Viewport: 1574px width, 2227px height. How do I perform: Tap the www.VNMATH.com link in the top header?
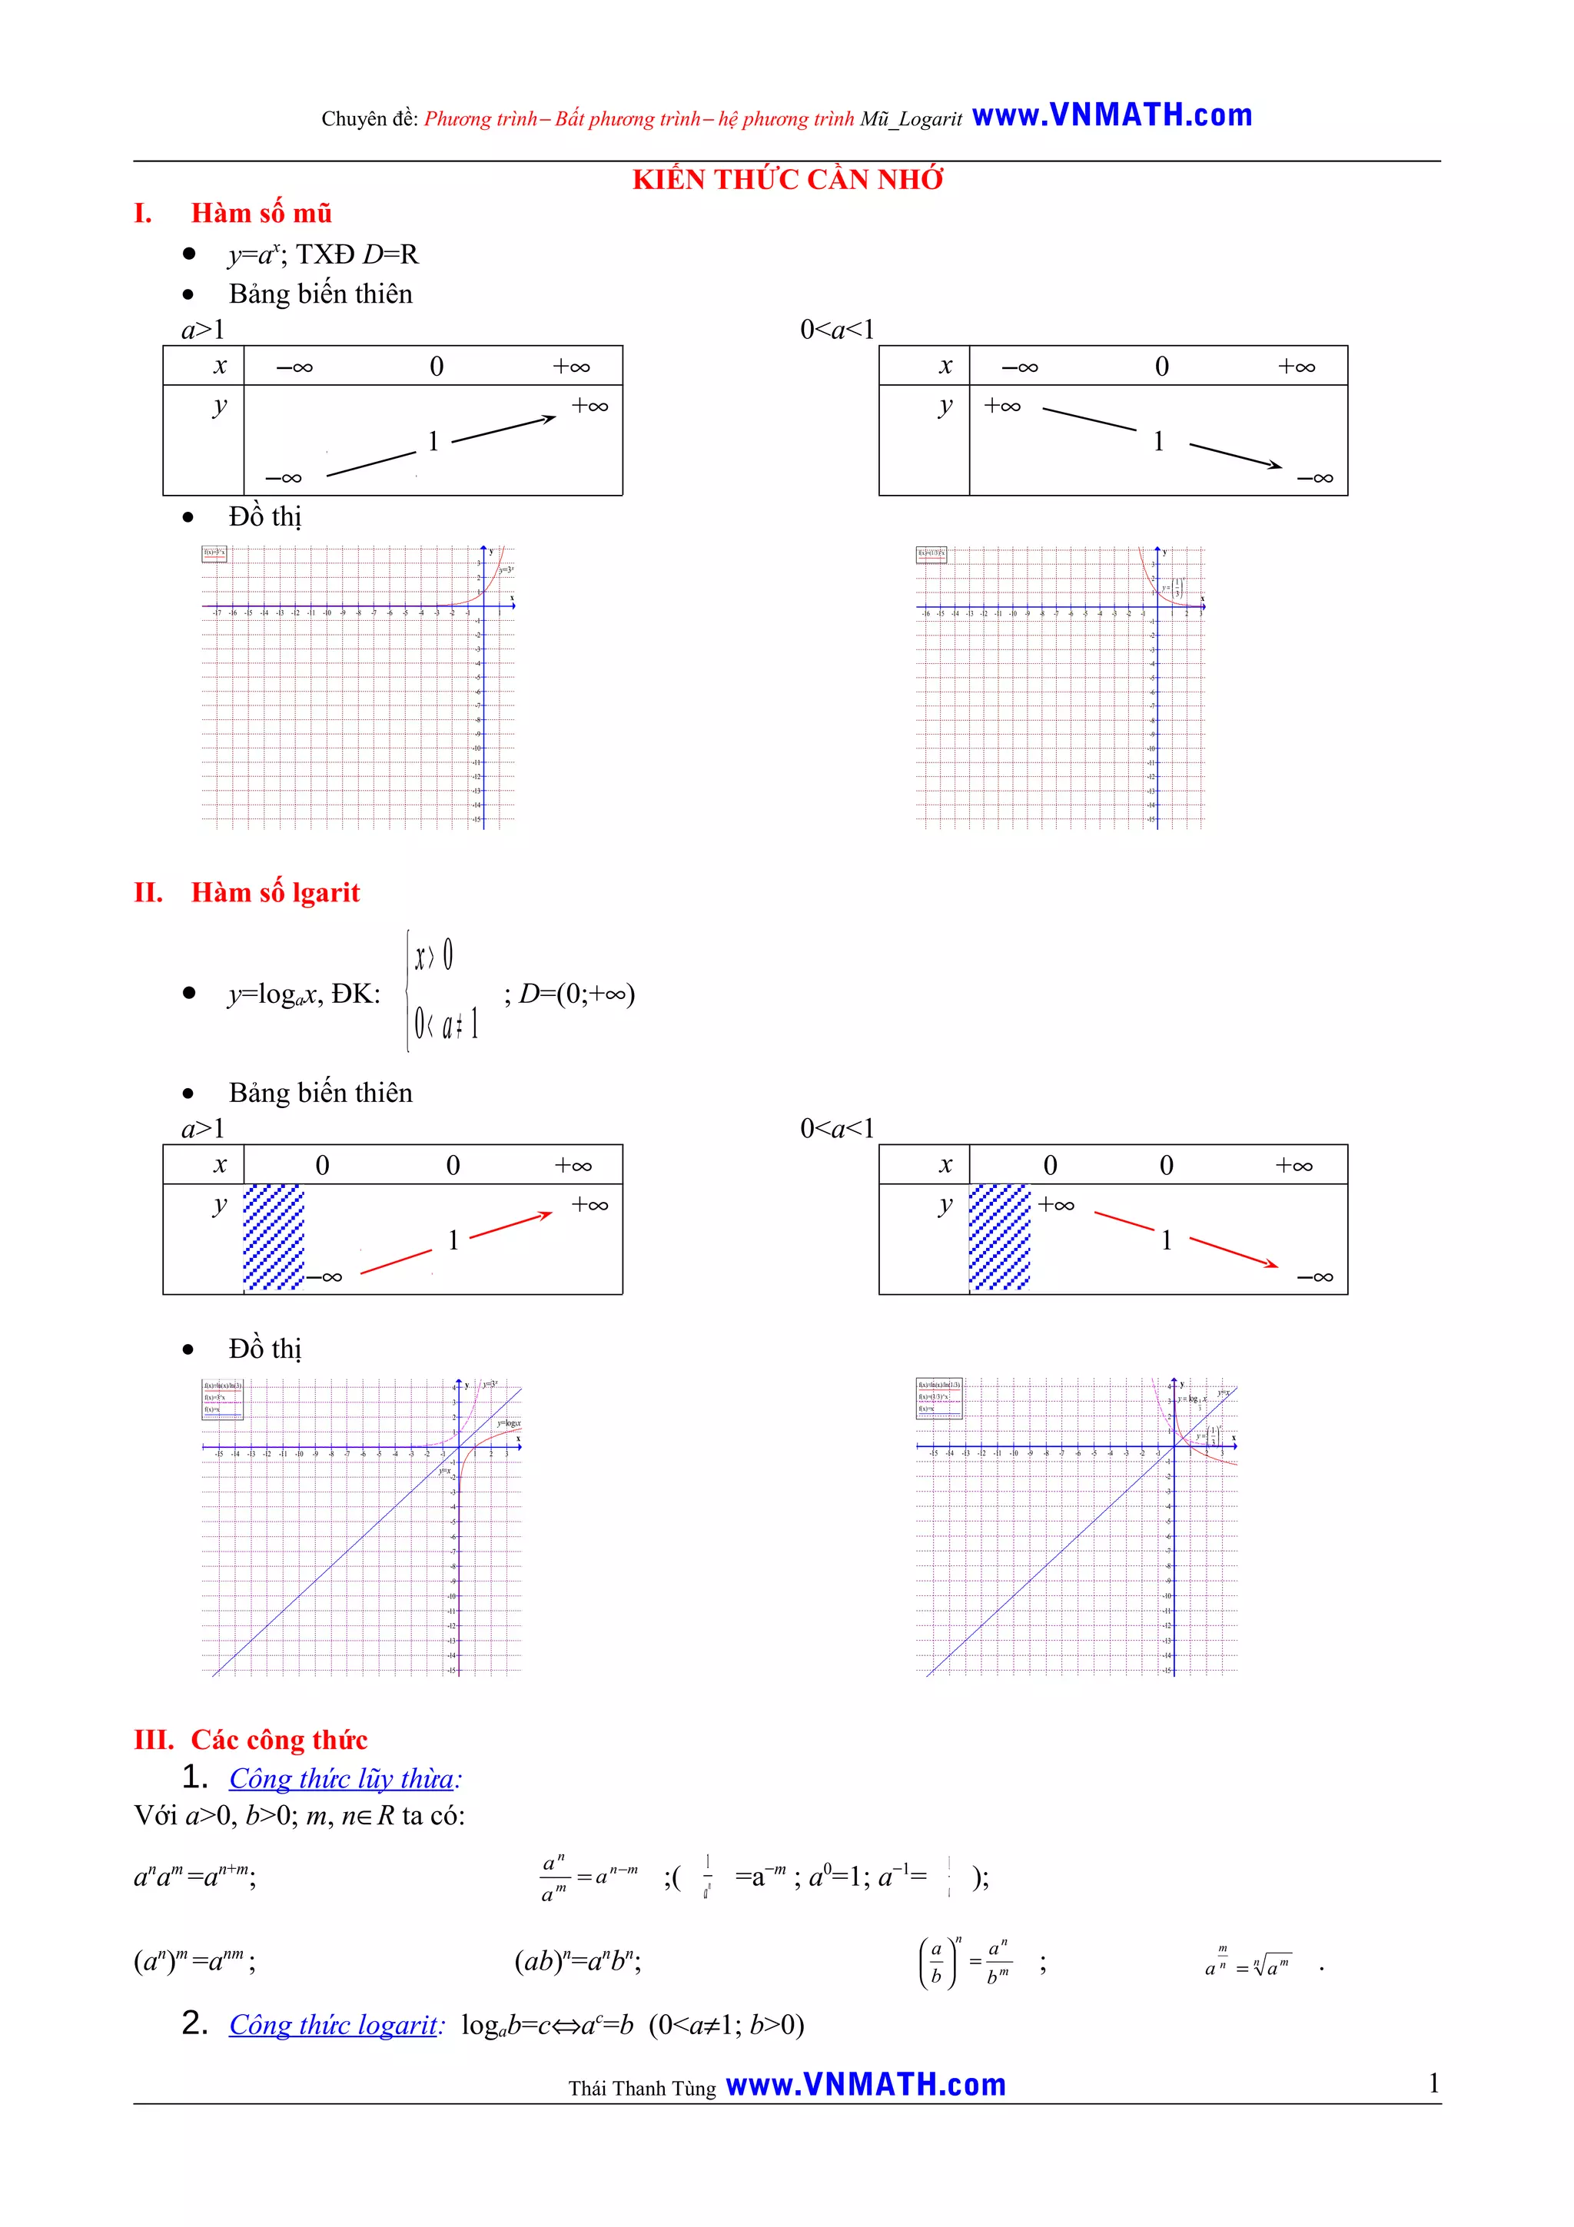pyautogui.click(x=1111, y=115)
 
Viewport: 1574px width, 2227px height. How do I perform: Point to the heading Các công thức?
pyautogui.click(x=278, y=1739)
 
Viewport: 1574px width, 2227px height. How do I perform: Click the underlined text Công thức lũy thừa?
pyautogui.click(x=342, y=1778)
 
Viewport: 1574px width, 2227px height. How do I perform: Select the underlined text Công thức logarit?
pyautogui.click(x=334, y=2024)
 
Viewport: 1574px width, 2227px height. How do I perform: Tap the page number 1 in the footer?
pyautogui.click(x=1433, y=2083)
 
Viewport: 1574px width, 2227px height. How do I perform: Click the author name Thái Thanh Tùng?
pyautogui.click(x=641, y=2087)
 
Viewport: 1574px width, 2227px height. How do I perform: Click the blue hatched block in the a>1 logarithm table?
pyautogui.click(x=274, y=1238)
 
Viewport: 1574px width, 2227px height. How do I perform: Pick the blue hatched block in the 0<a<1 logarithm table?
pyautogui.click(x=999, y=1238)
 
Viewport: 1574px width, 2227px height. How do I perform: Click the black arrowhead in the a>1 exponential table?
pyautogui.click(x=550, y=419)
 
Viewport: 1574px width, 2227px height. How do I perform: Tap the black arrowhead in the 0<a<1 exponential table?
pyautogui.click(x=1275, y=466)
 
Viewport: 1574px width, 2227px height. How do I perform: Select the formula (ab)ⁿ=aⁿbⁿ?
pyautogui.click(x=577, y=1961)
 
